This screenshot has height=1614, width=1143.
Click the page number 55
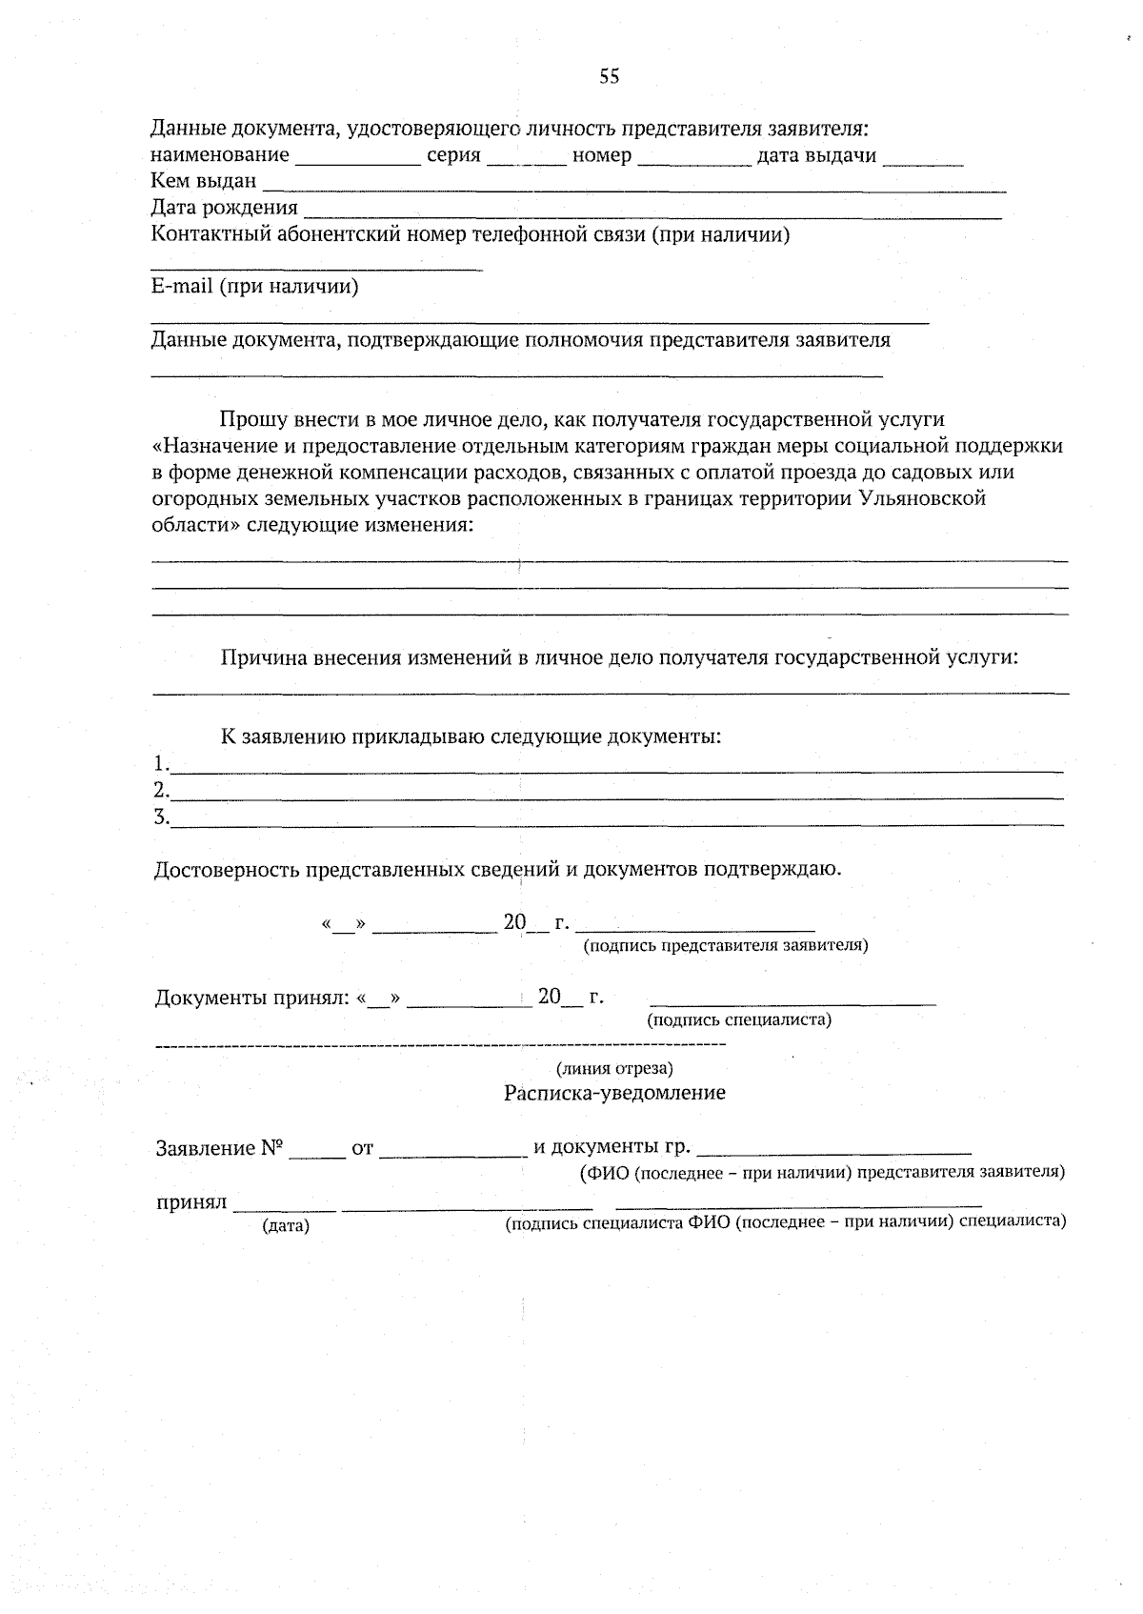609,77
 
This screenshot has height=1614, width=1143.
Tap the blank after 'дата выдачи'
923,157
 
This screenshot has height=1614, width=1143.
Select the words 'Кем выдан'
204,181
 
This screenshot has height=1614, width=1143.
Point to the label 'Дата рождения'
225,208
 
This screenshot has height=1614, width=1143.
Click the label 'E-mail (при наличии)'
254,287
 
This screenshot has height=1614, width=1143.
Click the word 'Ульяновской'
922,497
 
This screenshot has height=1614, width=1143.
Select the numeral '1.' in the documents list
161,763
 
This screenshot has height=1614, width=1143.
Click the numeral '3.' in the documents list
161,817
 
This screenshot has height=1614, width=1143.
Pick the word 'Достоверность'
225,869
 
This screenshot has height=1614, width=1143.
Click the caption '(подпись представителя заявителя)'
725,945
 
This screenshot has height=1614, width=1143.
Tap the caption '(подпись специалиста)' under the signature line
739,1020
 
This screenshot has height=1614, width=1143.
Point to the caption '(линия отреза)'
614,1069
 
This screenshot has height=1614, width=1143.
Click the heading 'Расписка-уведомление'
614,1093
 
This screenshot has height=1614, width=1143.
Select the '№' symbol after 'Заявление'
271,1148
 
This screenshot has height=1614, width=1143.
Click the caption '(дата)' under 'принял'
286,1226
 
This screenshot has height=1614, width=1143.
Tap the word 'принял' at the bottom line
190,1202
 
